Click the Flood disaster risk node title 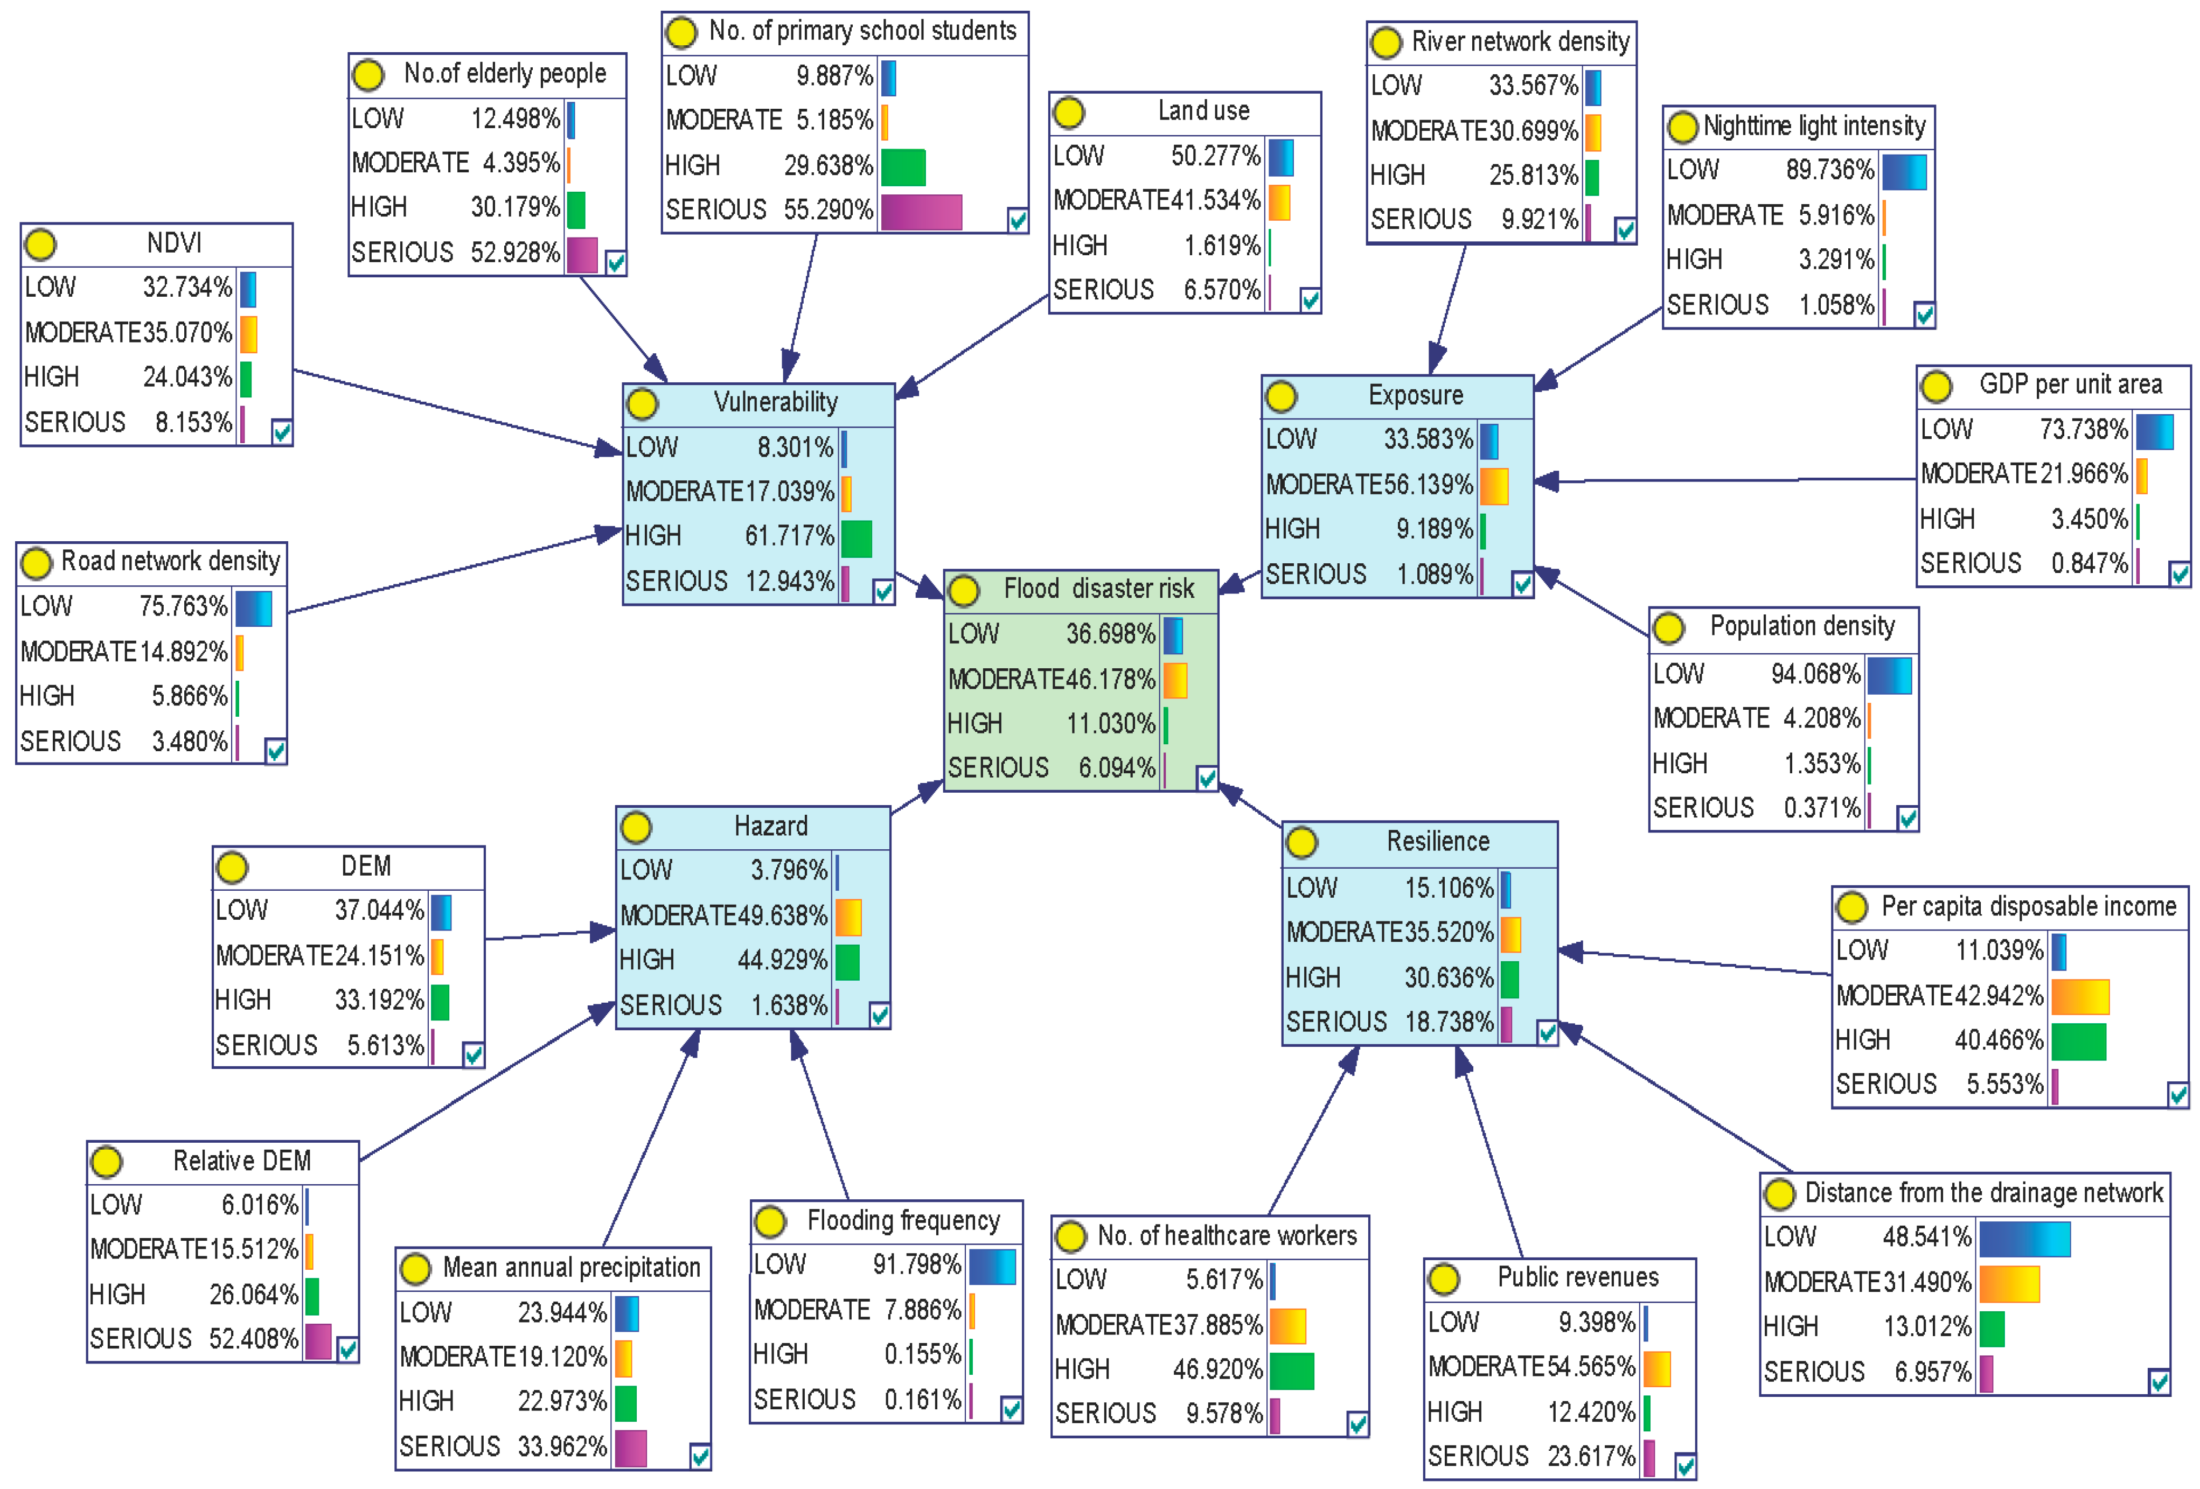tap(1098, 589)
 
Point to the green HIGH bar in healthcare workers tap(1291, 1371)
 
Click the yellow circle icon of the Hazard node tap(636, 827)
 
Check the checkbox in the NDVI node tap(281, 432)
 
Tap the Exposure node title tap(1415, 396)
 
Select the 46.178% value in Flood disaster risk tap(1110, 680)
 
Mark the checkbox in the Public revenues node tap(1685, 1466)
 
